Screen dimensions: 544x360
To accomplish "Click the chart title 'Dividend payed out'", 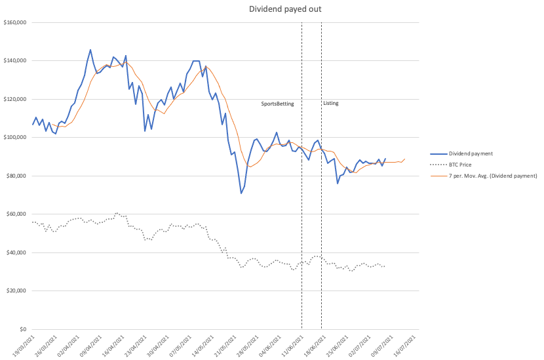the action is click(285, 9).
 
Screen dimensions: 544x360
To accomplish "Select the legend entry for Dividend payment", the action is click(461, 153).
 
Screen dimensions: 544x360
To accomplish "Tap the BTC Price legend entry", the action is click(451, 165).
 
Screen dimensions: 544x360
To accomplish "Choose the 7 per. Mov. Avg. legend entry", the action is click(484, 176).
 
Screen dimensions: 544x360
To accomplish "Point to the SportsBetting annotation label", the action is click(277, 104).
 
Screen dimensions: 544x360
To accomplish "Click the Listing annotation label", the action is click(330, 103).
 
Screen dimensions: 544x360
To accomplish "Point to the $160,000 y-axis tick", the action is click(15, 22).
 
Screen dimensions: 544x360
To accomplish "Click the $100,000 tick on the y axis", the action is click(15, 138).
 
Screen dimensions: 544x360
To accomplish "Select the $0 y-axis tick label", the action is click(23, 329).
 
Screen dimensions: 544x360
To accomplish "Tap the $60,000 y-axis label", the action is click(16, 214).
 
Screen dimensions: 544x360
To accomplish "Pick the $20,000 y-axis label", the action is click(16, 291).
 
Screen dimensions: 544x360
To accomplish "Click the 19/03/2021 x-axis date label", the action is click(24, 346).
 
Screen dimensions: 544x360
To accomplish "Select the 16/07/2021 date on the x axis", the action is click(404, 346).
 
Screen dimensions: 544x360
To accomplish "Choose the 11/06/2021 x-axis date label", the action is click(292, 346).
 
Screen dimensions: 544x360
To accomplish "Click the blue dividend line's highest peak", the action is click(90, 50).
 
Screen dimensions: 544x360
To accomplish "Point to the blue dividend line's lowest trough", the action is click(241, 193).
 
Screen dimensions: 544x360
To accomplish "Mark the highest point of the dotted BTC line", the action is click(117, 213).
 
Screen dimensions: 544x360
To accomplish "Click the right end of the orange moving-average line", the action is click(405, 159).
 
